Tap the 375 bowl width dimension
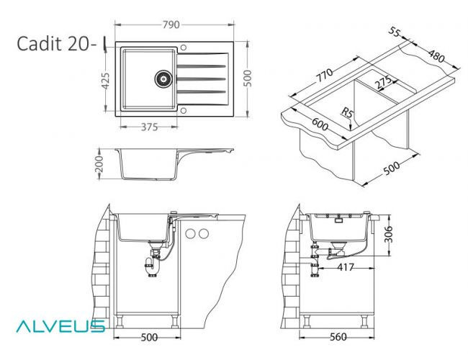click(x=148, y=128)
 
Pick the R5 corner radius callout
click(x=348, y=112)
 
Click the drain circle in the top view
click(x=163, y=76)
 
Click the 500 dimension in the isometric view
click(x=391, y=168)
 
